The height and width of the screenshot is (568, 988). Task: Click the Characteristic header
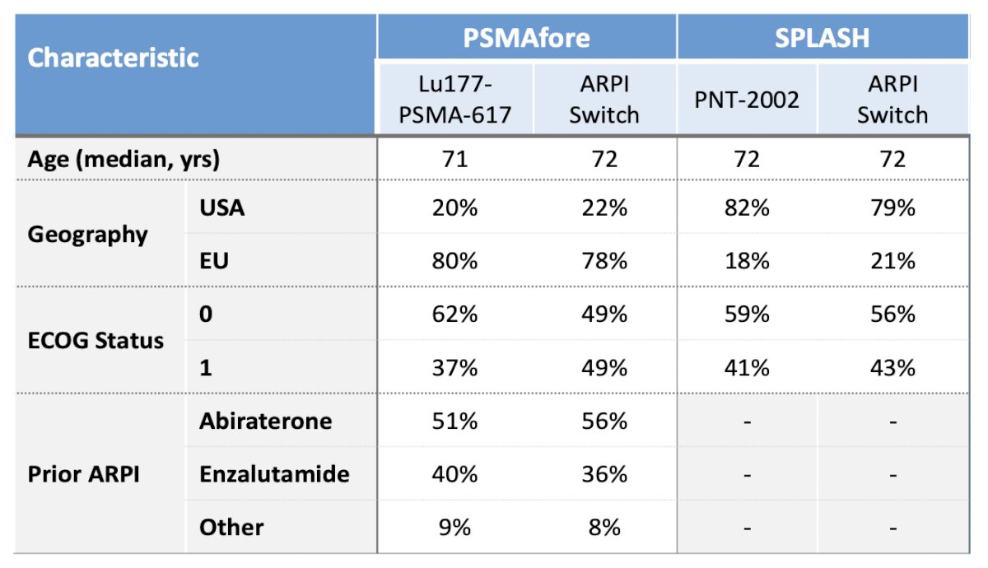tap(113, 58)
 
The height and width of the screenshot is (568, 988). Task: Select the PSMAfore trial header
tap(526, 38)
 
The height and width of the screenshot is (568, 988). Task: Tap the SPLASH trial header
tap(823, 38)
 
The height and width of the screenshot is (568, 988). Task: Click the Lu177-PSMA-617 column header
tap(454, 100)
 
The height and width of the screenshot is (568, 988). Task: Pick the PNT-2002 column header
tap(747, 100)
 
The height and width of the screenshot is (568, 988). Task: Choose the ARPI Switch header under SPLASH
tap(892, 100)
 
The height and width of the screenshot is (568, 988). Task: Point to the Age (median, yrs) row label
tap(123, 159)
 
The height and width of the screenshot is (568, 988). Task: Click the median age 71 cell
tap(454, 159)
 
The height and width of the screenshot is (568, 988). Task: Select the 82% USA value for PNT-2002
tap(747, 207)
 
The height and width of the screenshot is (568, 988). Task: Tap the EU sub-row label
tap(214, 261)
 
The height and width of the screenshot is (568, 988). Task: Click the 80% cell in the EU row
tap(454, 261)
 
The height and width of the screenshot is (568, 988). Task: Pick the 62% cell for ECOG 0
tap(454, 314)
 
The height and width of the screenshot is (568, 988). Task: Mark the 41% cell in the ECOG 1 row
tap(747, 367)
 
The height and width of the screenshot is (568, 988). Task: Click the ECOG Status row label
tap(96, 341)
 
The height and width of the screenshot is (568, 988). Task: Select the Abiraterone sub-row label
tap(265, 421)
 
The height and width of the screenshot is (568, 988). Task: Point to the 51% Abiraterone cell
tap(454, 421)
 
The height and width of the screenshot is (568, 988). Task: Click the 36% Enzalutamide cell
tap(604, 474)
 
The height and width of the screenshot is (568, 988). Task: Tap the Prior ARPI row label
tap(83, 474)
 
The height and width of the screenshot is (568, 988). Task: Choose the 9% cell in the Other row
tap(454, 527)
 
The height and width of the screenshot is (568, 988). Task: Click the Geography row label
tap(87, 235)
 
